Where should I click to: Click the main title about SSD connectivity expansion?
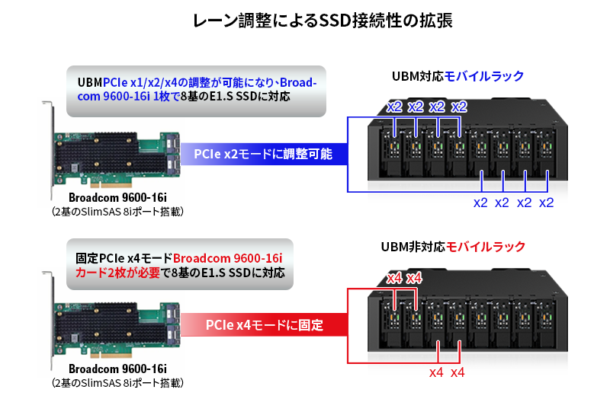tap(304, 21)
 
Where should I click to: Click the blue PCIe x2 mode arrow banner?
tap(263, 155)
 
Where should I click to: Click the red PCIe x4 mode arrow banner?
tap(264, 325)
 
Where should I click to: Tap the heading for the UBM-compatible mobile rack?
tap(457, 76)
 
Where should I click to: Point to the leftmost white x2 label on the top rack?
tap(393, 106)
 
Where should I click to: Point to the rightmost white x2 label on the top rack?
tap(458, 106)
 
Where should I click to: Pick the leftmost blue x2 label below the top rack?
tap(480, 203)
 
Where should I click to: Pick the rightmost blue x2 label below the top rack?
tap(547, 203)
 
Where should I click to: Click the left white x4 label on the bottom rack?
tap(393, 278)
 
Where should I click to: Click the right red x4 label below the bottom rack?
tap(458, 372)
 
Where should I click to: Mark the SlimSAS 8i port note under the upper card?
tap(117, 211)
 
